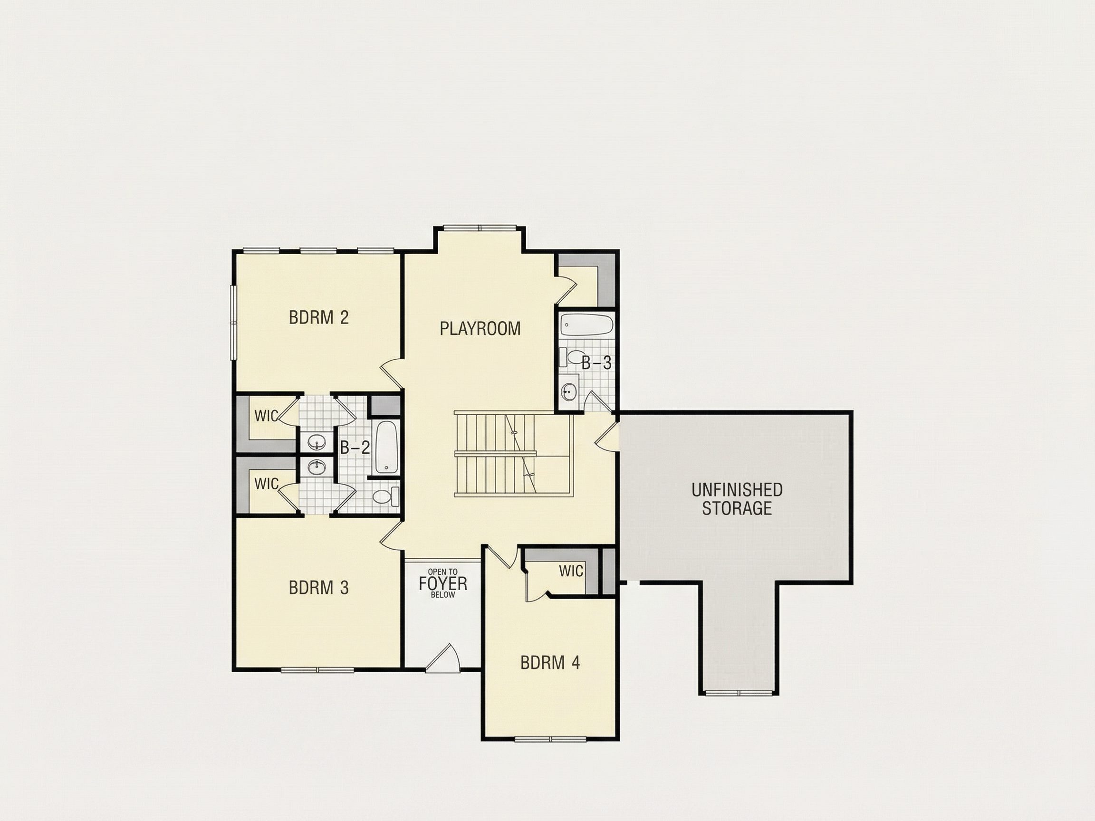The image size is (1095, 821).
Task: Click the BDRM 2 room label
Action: (319, 317)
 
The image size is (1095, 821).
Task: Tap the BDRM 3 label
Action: (319, 587)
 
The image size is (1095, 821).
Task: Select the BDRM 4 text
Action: (550, 663)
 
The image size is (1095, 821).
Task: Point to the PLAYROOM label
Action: (480, 329)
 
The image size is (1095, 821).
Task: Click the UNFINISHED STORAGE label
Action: (737, 499)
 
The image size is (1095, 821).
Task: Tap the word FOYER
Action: (443, 584)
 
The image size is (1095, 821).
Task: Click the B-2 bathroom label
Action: (355, 448)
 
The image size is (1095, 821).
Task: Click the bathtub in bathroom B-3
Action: (587, 325)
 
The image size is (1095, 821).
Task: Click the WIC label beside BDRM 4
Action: (571, 571)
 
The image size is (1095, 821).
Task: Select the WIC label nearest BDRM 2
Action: (266, 416)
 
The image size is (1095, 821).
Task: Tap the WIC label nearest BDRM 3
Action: (266, 484)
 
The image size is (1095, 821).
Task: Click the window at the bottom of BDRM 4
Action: (551, 739)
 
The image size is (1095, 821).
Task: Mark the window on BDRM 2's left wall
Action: (233, 322)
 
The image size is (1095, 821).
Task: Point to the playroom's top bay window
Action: (480, 228)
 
